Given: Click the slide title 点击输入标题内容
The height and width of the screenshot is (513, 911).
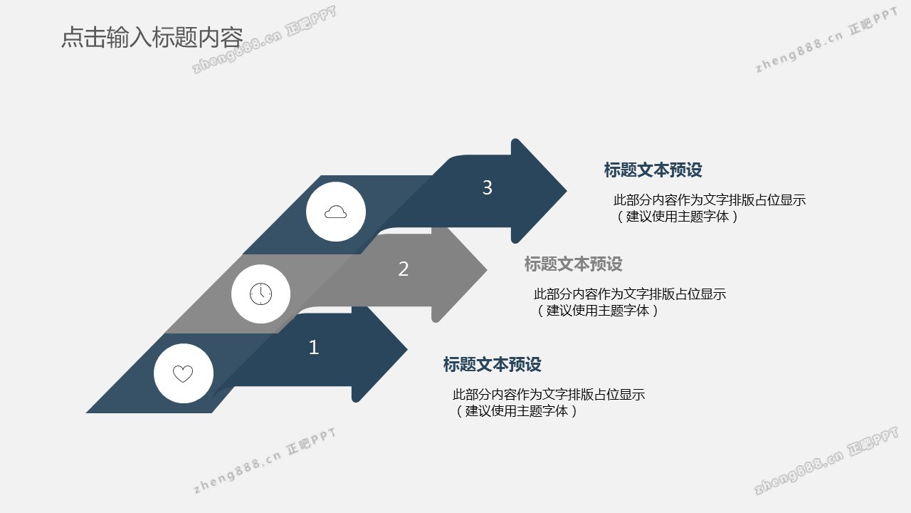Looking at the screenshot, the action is [x=152, y=38].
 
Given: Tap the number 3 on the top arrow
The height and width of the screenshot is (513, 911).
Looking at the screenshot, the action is [x=488, y=187].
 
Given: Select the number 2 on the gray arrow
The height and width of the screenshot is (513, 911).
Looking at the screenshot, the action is [x=403, y=269].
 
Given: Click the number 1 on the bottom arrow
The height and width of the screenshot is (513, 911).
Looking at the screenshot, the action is [x=314, y=347].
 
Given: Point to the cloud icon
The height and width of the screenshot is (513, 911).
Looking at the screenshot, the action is [x=335, y=212].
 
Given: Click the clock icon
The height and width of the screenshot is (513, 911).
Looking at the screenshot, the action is [x=260, y=294].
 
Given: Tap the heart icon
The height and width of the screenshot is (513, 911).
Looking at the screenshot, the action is [x=183, y=374].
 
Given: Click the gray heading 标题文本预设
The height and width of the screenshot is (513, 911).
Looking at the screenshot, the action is [x=574, y=264].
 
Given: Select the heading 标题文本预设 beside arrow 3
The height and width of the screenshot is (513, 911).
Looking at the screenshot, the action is [x=653, y=170].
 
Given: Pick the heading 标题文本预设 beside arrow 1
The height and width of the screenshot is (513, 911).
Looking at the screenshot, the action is [x=492, y=364].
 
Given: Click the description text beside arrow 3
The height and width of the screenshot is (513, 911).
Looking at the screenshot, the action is [x=710, y=208].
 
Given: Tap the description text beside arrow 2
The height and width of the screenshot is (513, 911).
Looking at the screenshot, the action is [x=630, y=302].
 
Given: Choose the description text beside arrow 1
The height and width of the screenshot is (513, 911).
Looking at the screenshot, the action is [x=548, y=403].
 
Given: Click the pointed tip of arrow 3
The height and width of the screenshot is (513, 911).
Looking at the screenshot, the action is [x=566, y=190].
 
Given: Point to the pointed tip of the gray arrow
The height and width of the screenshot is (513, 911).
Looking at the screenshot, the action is [x=487, y=269].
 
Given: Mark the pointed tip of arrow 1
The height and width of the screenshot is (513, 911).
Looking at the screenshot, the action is [x=407, y=349].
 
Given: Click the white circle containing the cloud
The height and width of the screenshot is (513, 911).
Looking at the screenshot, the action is [x=336, y=212].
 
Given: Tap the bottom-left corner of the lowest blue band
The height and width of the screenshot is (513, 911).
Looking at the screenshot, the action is [x=86, y=413].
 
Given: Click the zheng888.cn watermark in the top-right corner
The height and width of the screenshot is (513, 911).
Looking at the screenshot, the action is [x=826, y=40].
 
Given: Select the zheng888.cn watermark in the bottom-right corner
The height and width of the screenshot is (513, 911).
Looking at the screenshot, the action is [x=826, y=460].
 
